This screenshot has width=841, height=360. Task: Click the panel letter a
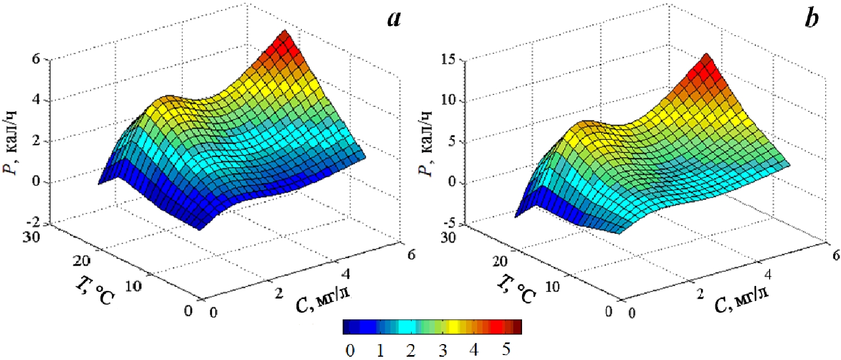pyautogui.click(x=394, y=20)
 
